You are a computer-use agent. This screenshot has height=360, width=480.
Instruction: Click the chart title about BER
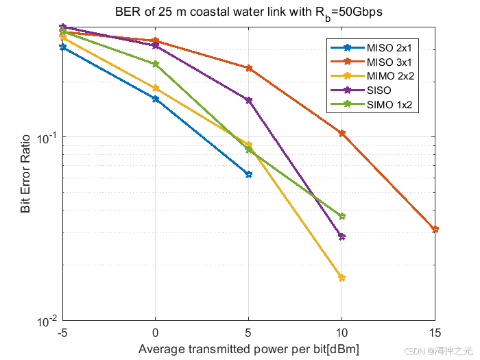(x=248, y=12)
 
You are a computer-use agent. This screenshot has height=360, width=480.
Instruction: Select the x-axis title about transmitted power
(x=248, y=348)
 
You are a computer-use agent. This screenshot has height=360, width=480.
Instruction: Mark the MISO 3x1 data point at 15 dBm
(x=435, y=229)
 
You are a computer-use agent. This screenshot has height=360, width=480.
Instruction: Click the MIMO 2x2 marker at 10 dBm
(x=341, y=278)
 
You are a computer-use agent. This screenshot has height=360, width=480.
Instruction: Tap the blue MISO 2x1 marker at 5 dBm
(x=248, y=174)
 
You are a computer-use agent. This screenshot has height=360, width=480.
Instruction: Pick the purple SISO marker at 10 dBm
(x=341, y=237)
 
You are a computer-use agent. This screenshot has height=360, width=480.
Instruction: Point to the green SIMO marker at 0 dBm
(x=156, y=64)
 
